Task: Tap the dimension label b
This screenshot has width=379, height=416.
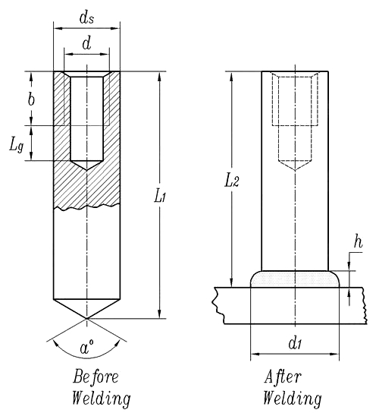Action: (30, 99)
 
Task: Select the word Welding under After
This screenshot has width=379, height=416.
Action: (292, 398)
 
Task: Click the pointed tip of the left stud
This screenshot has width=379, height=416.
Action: (86, 317)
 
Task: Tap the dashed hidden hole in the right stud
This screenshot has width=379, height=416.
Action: (296, 121)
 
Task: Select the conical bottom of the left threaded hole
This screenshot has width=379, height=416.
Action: (86, 165)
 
